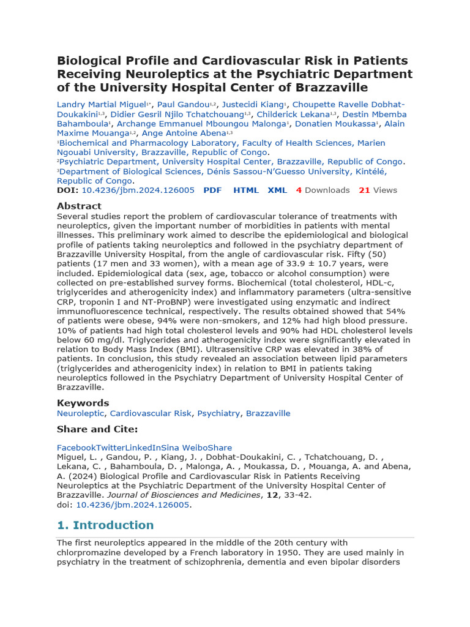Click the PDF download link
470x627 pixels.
212,190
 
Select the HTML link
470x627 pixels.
246,190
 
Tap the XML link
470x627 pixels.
277,190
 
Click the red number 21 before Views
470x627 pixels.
364,190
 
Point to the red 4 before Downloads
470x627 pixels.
299,190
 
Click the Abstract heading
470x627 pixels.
79,206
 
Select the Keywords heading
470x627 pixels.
83,403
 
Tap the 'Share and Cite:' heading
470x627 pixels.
97,429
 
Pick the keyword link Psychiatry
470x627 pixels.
218,414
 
